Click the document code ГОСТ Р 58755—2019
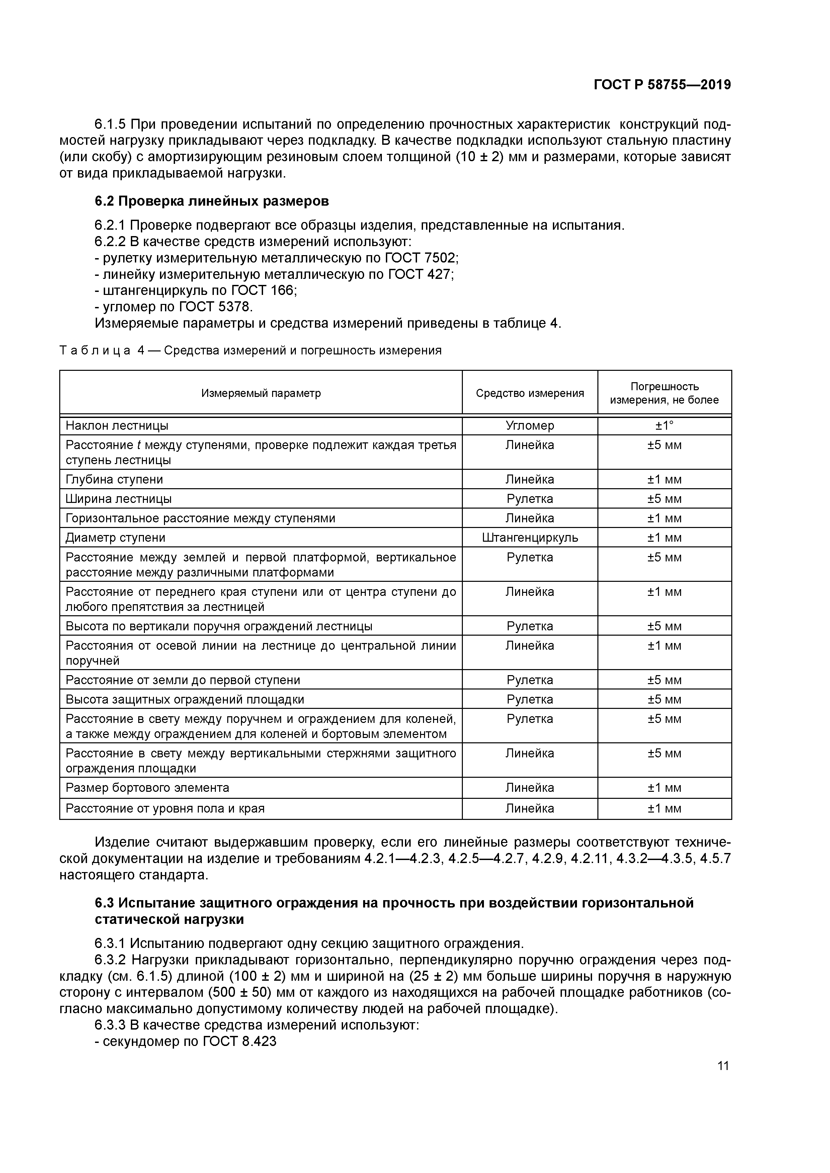pos(662,85)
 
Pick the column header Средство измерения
pos(530,393)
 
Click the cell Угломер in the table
pos(530,426)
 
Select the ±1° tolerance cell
pos(664,426)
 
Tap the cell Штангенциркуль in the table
pos(530,537)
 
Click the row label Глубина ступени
pos(114,479)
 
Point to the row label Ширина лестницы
pos(118,499)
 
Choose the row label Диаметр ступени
pos(115,537)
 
